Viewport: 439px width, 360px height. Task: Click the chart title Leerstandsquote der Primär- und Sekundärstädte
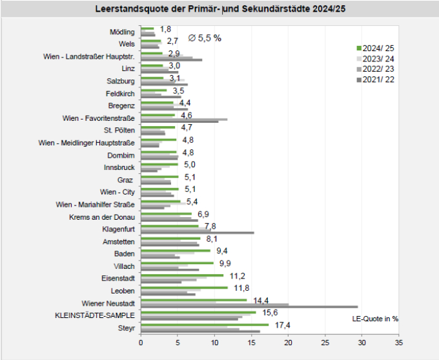220,10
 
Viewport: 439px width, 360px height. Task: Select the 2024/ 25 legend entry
377,48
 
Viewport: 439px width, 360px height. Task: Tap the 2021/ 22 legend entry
377,79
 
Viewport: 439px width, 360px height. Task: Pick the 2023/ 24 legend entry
377,59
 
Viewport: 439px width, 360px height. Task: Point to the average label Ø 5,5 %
205,38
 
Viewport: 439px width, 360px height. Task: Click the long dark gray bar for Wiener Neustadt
249,307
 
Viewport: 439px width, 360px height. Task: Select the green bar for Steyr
205,324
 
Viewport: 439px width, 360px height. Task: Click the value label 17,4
282,325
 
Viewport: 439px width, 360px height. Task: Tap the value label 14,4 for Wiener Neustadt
261,301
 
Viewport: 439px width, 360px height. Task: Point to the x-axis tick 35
398,343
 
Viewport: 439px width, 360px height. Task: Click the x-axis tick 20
288,343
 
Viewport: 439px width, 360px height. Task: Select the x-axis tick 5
178,343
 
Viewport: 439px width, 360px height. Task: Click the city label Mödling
122,32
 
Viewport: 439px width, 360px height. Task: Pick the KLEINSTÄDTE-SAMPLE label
96,315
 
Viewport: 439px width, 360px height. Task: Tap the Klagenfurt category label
118,229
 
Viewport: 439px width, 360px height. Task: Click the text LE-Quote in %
375,319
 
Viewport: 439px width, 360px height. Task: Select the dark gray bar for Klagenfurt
197,233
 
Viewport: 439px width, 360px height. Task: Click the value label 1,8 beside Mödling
165,29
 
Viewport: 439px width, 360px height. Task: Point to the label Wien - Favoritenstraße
94,118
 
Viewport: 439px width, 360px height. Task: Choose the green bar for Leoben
184,288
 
